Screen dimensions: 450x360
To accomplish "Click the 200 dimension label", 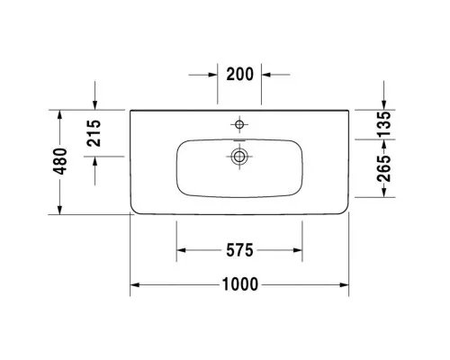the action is coord(239,74).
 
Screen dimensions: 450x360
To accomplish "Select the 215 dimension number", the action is coord(94,133).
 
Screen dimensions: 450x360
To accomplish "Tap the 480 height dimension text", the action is coord(60,161).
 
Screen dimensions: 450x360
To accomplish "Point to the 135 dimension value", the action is coord(384,124).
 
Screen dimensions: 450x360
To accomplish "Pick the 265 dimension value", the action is coord(384,168).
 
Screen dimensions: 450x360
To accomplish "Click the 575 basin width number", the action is coord(239,250).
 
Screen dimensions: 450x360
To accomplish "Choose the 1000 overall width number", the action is coord(240,284).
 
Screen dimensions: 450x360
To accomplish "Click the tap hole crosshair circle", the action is coord(239,124).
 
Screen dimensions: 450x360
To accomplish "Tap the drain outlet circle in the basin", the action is coord(239,157).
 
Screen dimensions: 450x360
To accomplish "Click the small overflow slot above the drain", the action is coord(239,140).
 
